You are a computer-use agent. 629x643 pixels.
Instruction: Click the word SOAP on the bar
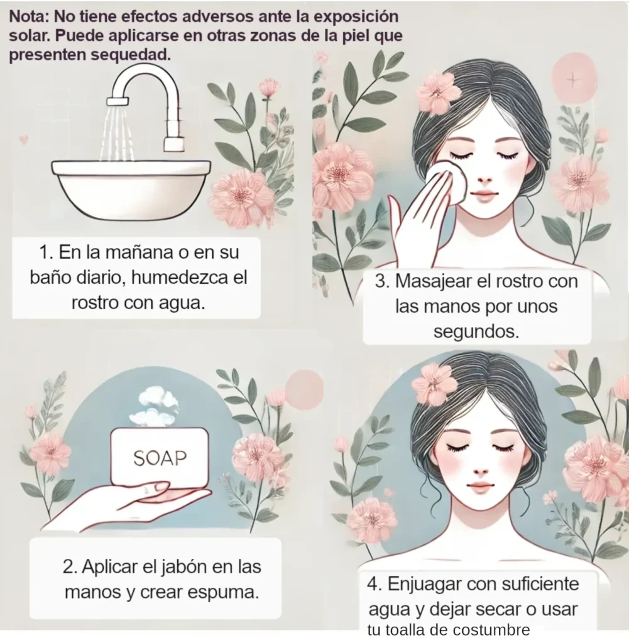160,458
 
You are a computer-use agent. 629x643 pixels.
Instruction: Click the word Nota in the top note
28,16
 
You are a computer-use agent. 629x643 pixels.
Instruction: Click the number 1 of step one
43,253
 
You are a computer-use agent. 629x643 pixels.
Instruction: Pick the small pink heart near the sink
24,140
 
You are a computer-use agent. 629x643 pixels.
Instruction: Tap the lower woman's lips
480,487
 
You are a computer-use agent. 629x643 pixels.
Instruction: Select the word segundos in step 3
477,332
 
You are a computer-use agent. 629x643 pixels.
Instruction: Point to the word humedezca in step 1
180,278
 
